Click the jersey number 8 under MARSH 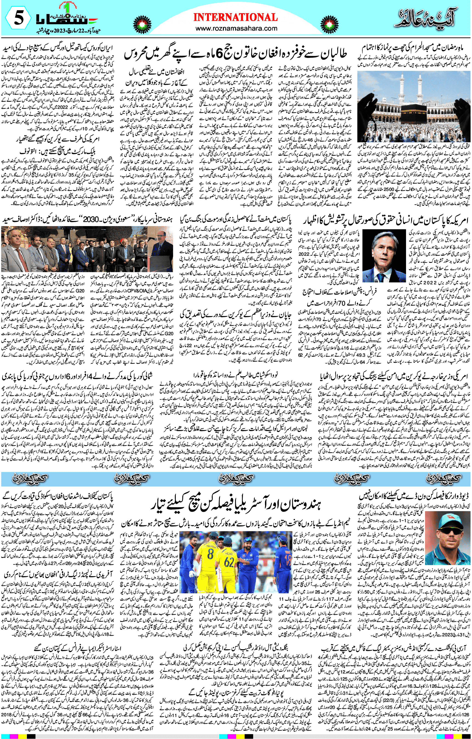point(210,555)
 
